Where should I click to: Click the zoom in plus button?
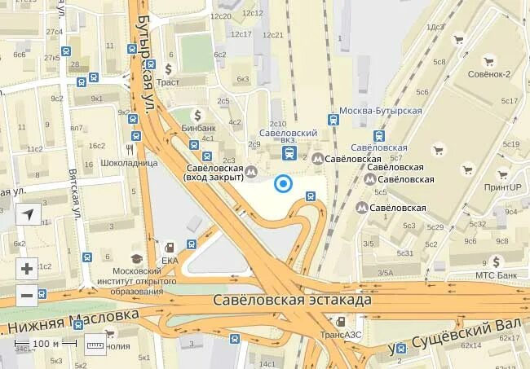click(x=27, y=268)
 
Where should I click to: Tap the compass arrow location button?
click(x=27, y=216)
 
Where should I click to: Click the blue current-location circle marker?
click(x=283, y=184)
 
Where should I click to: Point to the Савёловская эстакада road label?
click(x=292, y=300)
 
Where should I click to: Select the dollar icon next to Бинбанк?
click(x=197, y=115)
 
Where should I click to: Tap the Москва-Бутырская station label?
click(x=381, y=110)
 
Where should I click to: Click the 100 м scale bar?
click(x=46, y=344)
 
